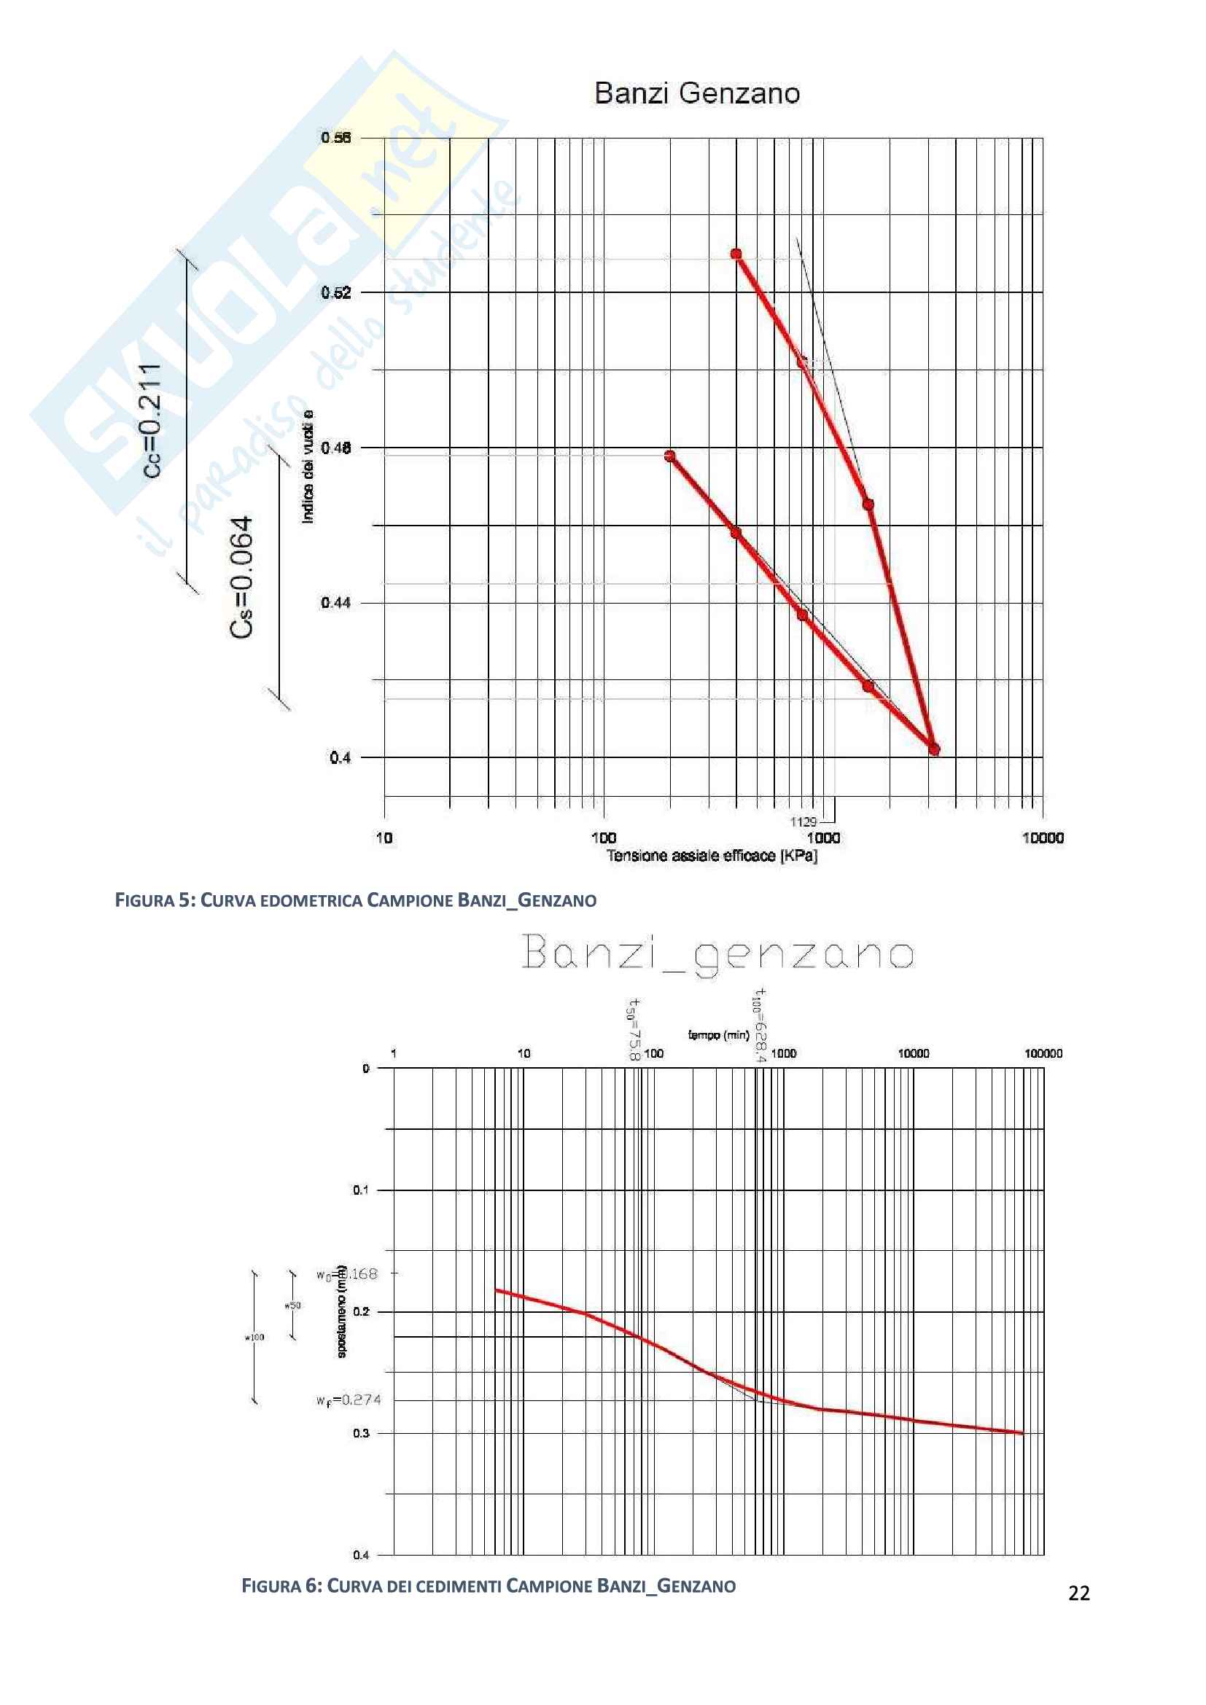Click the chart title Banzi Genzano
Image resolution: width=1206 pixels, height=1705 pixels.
coord(696,93)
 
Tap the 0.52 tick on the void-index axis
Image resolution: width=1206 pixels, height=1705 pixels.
coord(335,292)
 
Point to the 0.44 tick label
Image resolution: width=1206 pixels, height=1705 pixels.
coord(335,602)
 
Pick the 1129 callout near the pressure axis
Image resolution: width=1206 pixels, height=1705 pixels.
coord(803,822)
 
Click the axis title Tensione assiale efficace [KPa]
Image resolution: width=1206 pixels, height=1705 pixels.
coord(712,856)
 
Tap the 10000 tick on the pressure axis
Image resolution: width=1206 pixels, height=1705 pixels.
coord(1042,838)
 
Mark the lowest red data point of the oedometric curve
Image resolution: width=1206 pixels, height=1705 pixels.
coord(934,749)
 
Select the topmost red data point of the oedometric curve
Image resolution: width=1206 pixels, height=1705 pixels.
coord(736,254)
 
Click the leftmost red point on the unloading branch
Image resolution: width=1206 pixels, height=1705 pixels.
coord(670,456)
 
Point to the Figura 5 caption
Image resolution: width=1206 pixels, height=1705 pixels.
coord(356,901)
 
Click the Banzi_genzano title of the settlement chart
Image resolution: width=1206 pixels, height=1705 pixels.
coord(717,953)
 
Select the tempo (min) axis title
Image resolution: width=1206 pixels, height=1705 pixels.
coord(718,1034)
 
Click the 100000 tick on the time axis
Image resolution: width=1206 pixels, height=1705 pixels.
coord(1043,1053)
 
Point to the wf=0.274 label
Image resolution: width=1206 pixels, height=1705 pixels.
coord(349,1400)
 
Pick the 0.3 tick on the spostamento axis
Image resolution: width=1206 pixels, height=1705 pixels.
coord(361,1432)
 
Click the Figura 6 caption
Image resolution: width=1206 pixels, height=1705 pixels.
coord(489,1586)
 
